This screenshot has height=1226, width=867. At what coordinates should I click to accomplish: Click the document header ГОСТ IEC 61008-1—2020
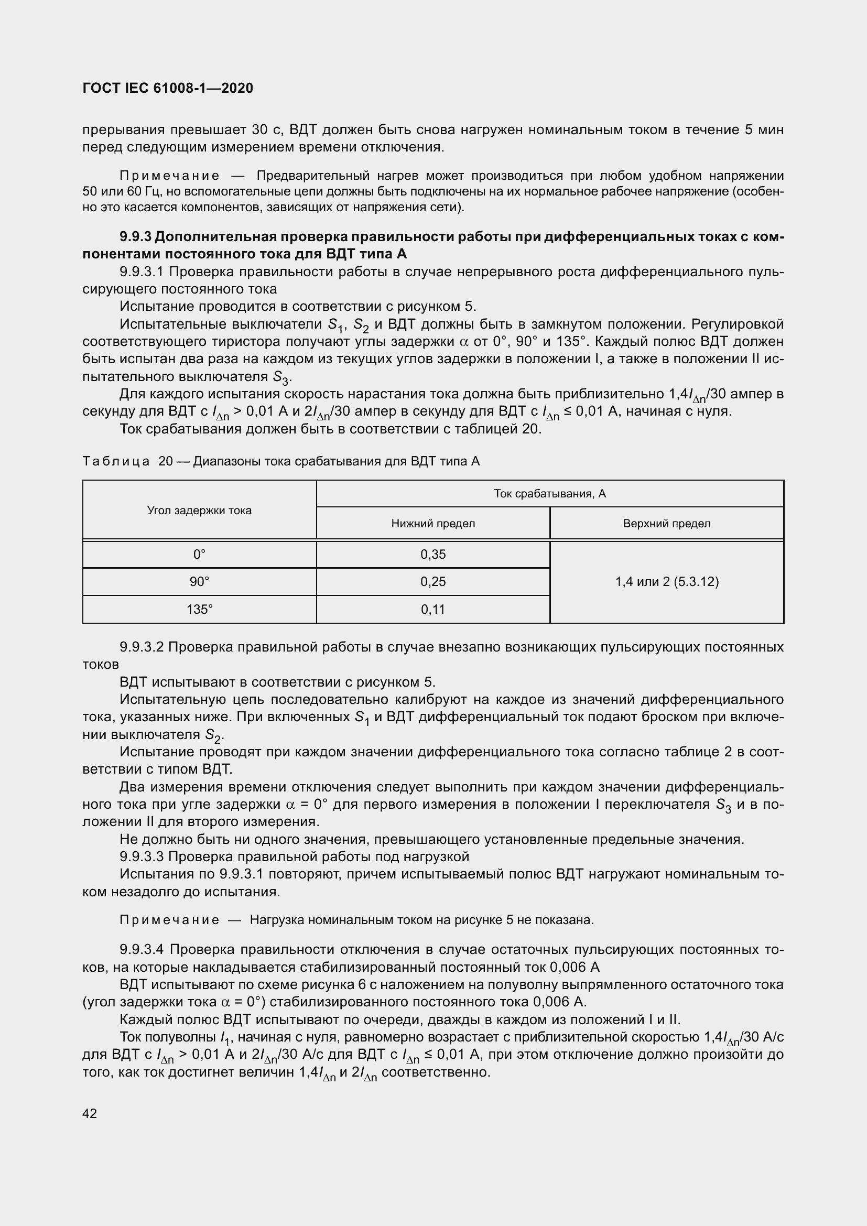(x=168, y=88)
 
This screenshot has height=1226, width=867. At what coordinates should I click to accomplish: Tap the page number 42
(x=90, y=1113)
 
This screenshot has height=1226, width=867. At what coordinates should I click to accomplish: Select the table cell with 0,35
(x=432, y=554)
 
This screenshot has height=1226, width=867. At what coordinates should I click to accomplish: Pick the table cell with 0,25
(x=432, y=581)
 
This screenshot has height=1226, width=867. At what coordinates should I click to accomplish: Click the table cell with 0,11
(x=432, y=609)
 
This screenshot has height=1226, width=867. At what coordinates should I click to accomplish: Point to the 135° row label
(x=199, y=609)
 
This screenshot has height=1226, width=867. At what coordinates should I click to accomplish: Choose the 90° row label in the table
(x=199, y=581)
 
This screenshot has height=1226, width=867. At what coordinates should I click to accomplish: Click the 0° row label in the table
(x=199, y=554)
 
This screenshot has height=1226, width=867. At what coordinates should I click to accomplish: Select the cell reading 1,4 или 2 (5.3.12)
(x=667, y=581)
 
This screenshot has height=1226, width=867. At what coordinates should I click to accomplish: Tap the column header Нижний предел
(x=432, y=523)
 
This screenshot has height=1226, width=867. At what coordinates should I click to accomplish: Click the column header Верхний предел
(x=667, y=523)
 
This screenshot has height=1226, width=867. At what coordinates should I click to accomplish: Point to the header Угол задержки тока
(x=199, y=510)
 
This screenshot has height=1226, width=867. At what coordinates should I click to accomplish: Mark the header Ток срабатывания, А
(x=550, y=493)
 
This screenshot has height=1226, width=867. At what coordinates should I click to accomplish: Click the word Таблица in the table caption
(x=116, y=461)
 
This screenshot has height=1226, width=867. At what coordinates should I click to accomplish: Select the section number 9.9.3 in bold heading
(x=136, y=236)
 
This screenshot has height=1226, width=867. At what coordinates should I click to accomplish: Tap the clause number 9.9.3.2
(x=142, y=647)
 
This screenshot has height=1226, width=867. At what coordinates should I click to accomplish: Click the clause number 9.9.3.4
(x=142, y=949)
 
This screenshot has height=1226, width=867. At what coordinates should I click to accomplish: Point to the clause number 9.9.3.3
(x=142, y=856)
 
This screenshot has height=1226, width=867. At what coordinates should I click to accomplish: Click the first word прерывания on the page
(x=124, y=130)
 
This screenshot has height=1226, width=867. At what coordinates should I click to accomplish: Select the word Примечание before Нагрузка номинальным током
(x=169, y=919)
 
